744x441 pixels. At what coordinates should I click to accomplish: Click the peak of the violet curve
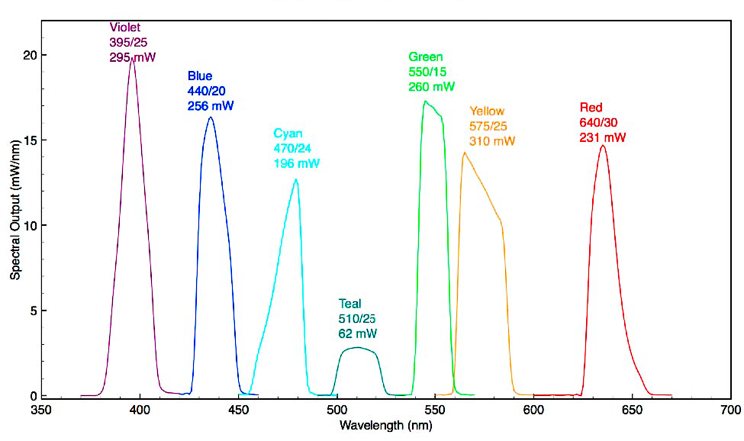[133, 60]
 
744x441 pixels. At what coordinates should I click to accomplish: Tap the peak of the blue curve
[210, 117]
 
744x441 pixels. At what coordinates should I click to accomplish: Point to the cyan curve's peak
[296, 179]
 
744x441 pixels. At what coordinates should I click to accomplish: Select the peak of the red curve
[603, 146]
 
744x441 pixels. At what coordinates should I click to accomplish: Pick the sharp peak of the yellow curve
[464, 153]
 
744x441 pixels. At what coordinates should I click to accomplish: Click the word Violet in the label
[125, 27]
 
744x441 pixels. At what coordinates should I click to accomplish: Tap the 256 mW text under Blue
[211, 106]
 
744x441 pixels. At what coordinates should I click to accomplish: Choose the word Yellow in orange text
[487, 111]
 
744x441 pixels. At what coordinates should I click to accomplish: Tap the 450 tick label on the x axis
[238, 410]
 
